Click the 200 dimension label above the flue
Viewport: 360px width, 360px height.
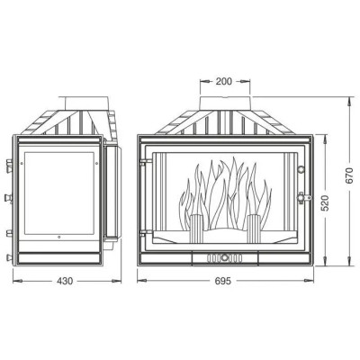(224, 81)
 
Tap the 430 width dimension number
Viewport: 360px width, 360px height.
(65, 281)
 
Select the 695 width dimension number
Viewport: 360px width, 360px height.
(223, 281)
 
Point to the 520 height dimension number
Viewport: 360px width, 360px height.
(326, 203)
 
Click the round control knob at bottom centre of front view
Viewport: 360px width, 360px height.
(224, 257)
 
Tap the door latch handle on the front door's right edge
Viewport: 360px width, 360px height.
(303, 198)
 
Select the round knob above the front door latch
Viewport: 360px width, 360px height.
(301, 169)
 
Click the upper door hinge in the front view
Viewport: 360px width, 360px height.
(146, 162)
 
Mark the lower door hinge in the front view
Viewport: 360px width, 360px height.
(146, 232)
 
